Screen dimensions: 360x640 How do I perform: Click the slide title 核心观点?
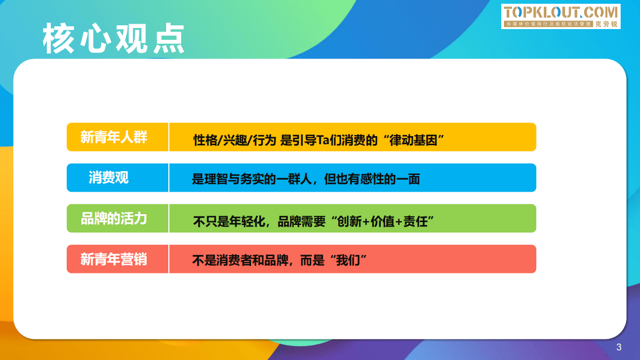tap(113, 39)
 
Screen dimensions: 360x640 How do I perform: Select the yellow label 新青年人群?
tap(113, 137)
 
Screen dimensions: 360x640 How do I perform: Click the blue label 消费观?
tap(109, 178)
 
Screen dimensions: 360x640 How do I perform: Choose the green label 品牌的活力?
tap(113, 218)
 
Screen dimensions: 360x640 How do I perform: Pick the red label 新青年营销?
tap(113, 259)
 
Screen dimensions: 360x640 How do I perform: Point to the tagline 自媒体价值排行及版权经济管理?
tap(549, 24)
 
